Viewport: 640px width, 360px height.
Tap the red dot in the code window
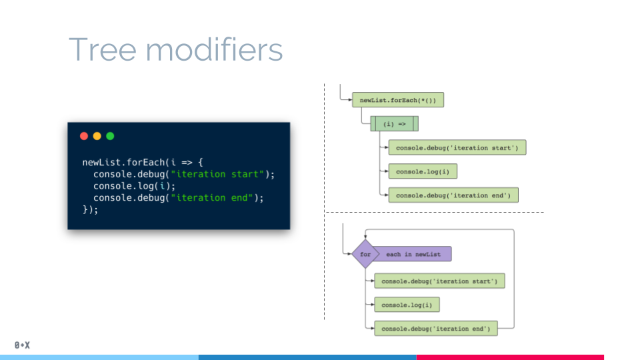(x=84, y=136)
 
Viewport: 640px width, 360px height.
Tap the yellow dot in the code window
(x=97, y=136)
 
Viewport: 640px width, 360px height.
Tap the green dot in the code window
(x=110, y=136)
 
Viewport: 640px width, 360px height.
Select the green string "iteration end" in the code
(x=214, y=197)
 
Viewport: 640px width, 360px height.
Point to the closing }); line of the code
(x=90, y=209)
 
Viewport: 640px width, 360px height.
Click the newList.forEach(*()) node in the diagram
(x=398, y=100)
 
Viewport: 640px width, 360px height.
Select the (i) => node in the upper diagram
(x=394, y=123)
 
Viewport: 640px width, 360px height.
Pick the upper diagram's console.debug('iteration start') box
(x=457, y=147)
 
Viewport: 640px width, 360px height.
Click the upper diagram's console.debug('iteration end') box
(x=453, y=195)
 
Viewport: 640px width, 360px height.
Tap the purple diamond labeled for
(x=365, y=254)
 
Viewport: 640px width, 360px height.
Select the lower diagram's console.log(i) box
(x=407, y=305)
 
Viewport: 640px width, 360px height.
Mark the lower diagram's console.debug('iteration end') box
(x=435, y=328)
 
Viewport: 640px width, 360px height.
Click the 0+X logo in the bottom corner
(x=23, y=345)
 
